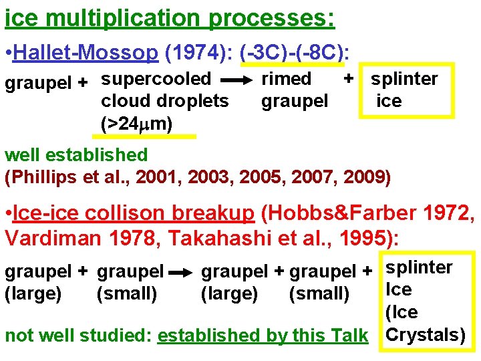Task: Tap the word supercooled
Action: pos(156,79)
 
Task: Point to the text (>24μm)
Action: pos(136,123)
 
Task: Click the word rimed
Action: pos(286,79)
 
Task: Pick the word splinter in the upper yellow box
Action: pos(404,79)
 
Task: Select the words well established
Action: pos(76,155)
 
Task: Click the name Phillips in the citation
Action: pos(44,178)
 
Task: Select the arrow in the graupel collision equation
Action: pos(181,273)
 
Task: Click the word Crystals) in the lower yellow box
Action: pos(425,334)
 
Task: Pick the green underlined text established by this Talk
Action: pos(263,336)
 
